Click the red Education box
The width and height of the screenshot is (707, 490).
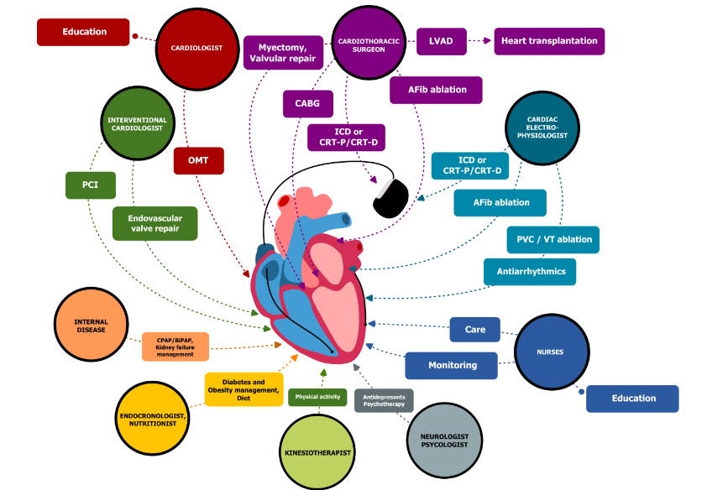click(x=84, y=32)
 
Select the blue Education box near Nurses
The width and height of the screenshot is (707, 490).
click(x=631, y=399)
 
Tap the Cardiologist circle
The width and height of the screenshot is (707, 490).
click(x=191, y=49)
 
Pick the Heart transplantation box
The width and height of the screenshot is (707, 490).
click(x=548, y=41)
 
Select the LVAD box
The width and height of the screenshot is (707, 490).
click(x=441, y=41)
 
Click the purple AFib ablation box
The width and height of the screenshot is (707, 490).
click(x=436, y=90)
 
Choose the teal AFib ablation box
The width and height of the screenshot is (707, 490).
click(x=500, y=203)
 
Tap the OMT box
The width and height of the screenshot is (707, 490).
click(x=198, y=161)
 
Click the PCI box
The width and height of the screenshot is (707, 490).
click(x=90, y=185)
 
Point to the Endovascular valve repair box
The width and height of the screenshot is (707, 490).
click(x=154, y=223)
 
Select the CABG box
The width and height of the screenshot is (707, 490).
click(x=307, y=104)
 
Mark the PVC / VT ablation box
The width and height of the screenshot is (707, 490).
click(x=553, y=239)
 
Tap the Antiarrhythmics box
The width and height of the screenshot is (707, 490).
click(x=530, y=271)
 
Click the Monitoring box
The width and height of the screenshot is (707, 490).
click(x=452, y=365)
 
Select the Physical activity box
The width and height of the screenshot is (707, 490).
click(x=317, y=397)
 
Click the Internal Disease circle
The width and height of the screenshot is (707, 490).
click(x=91, y=325)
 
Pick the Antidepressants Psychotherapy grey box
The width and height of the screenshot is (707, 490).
click(x=383, y=399)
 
